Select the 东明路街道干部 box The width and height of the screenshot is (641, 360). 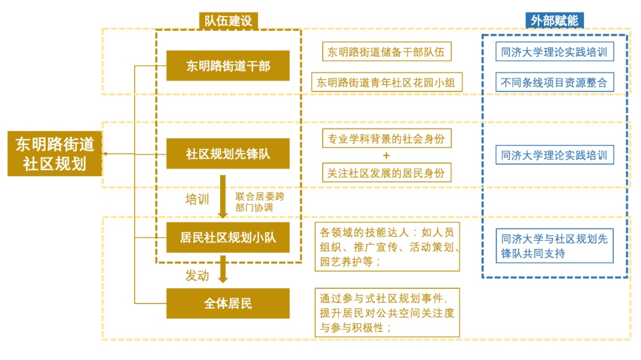tap(228, 66)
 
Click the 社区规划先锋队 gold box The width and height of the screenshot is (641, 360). tap(228, 154)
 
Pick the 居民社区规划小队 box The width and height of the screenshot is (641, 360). tap(228, 237)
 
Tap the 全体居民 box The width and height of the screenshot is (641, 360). tap(228, 303)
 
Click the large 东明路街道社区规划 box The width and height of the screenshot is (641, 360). tap(55, 154)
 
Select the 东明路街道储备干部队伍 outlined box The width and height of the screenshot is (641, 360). tap(387, 52)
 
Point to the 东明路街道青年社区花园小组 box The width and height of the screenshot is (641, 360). tap(387, 82)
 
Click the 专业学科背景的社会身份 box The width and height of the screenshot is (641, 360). tap(387, 139)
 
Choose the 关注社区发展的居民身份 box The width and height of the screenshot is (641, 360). tap(387, 173)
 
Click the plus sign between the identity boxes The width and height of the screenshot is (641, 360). tap(386, 155)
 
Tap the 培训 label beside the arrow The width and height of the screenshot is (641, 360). tap(198, 199)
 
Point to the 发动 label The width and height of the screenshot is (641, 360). tap(197, 275)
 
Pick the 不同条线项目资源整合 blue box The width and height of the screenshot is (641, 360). tap(554, 82)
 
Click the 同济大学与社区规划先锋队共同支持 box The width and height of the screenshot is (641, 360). tap(554, 246)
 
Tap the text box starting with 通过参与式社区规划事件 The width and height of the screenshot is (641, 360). tap(387, 313)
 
